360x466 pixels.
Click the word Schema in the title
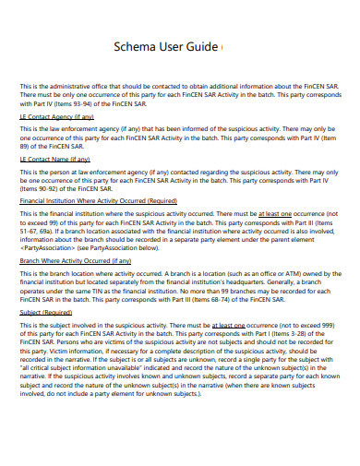pos(136,47)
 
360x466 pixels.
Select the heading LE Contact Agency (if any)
pos(57,117)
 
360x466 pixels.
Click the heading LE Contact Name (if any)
pos(56,159)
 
